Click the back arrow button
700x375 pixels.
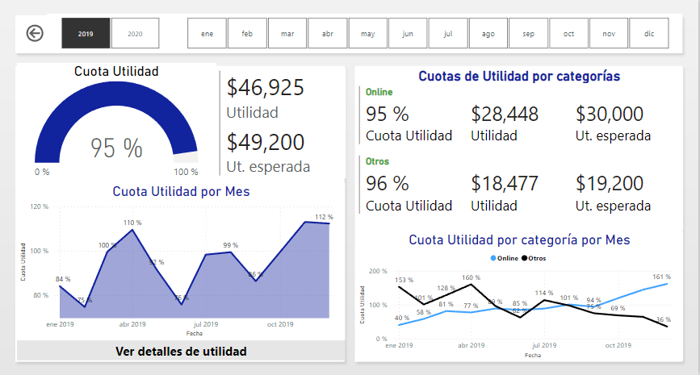tap(35, 33)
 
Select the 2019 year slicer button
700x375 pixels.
tap(86, 34)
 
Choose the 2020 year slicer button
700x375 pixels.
tap(135, 34)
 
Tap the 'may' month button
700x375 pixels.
tap(367, 34)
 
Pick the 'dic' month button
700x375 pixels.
tap(649, 34)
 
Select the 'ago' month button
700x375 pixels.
tap(488, 34)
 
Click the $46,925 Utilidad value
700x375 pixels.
tap(266, 87)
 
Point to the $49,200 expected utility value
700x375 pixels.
tap(266, 142)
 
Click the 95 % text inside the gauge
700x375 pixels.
tap(116, 148)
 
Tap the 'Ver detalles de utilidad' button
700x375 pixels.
tap(181, 351)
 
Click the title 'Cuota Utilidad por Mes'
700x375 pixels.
tap(181, 191)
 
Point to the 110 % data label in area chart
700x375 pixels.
tap(132, 223)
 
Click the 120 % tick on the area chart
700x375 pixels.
tap(40, 207)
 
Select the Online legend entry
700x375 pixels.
tap(505, 258)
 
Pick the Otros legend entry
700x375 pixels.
tap(534, 258)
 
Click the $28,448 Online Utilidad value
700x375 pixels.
tap(505, 114)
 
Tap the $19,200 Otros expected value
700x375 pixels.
tap(610, 183)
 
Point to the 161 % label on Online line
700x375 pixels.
tap(661, 277)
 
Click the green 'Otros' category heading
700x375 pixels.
tap(377, 161)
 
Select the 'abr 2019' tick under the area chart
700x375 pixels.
tap(132, 324)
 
